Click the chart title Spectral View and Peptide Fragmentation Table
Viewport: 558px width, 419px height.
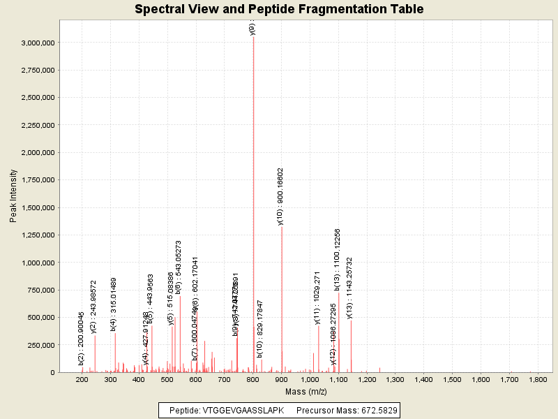[x=279, y=9]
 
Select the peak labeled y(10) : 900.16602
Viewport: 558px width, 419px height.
[x=282, y=293]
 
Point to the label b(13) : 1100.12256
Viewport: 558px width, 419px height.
[x=338, y=259]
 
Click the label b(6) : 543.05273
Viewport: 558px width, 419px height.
[x=179, y=268]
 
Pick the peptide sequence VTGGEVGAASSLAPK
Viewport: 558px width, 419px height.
[x=243, y=410]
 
